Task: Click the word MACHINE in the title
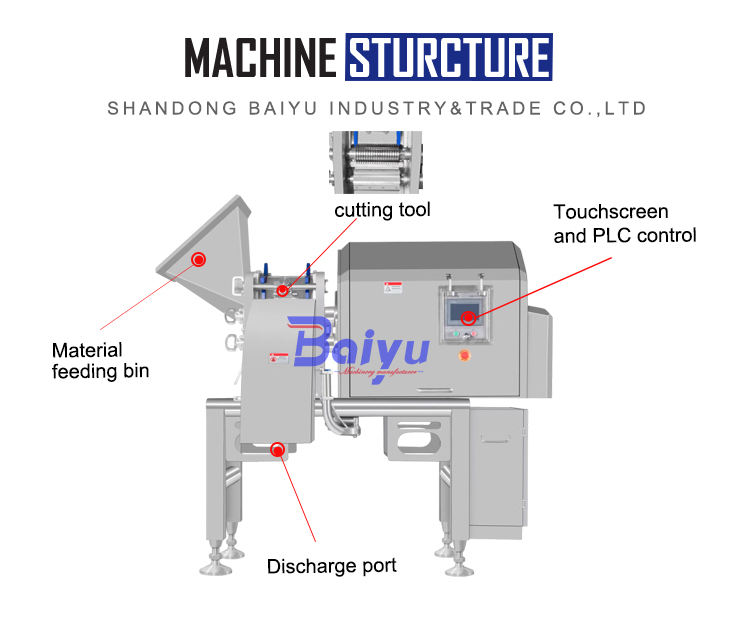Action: pyautogui.click(x=261, y=57)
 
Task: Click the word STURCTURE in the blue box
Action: pyautogui.click(x=448, y=57)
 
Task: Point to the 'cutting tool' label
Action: pyautogui.click(x=382, y=210)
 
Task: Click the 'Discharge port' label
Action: pyautogui.click(x=331, y=566)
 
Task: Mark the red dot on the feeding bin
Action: pyautogui.click(x=198, y=260)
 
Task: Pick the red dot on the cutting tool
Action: pyautogui.click(x=283, y=291)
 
